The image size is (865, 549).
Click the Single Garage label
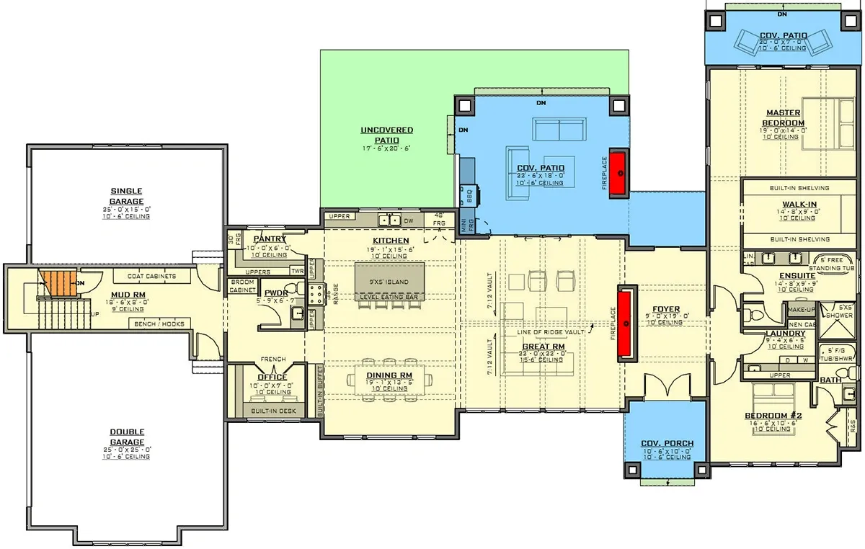point(126,196)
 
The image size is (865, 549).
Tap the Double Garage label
point(126,437)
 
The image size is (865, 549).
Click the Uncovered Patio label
point(387,135)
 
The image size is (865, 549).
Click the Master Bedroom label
point(784,118)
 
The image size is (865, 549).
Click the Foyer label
point(662,310)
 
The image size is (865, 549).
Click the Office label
point(272,377)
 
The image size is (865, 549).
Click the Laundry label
point(785,334)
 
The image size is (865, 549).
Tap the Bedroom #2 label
point(772,416)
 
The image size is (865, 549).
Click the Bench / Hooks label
point(159,324)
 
